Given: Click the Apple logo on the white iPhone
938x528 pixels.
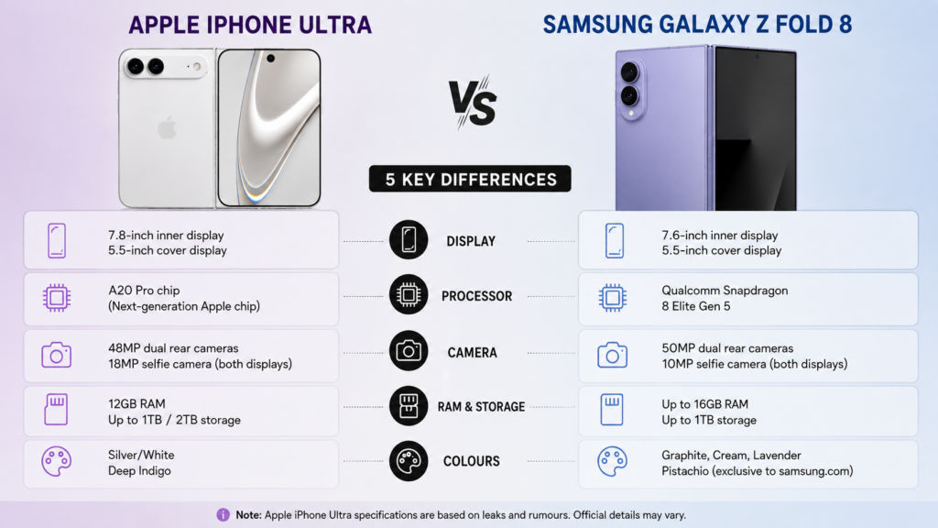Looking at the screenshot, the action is point(167,127).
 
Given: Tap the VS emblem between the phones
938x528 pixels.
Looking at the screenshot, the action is point(473,103).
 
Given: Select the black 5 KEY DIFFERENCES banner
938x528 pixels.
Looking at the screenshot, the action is point(470,179).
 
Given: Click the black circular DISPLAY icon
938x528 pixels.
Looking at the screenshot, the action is point(409,240).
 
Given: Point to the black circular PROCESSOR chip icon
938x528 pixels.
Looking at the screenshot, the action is point(409,295).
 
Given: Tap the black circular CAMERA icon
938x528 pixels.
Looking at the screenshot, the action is point(409,351).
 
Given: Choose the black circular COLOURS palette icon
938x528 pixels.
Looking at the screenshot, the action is point(409,461).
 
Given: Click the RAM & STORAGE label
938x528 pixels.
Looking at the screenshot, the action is point(481,407).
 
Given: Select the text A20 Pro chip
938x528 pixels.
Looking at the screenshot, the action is point(144,291).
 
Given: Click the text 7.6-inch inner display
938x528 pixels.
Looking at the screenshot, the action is point(720,236).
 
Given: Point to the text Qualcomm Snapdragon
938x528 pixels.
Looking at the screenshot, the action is point(725,291).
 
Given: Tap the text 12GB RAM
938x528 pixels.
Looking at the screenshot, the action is point(136,404).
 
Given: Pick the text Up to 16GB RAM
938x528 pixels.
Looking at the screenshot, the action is point(704,404).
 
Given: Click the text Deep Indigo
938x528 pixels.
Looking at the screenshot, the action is point(139,471).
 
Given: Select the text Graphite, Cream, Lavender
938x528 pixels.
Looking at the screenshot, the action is point(731,456).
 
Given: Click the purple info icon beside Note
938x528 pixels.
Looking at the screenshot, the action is point(223,515).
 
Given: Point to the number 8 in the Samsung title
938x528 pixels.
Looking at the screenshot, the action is point(845,25).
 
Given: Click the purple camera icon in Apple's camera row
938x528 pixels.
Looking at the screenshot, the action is point(56,355).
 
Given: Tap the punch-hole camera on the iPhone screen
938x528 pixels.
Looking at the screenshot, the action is point(270,59).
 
